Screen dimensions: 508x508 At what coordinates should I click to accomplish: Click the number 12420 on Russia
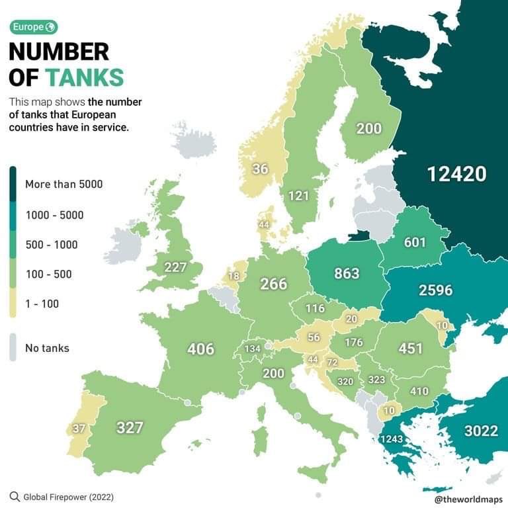pyautogui.click(x=456, y=174)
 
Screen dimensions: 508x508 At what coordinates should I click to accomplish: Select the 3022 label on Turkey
pyautogui.click(x=481, y=431)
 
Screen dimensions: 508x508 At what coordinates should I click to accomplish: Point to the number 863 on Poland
pyautogui.click(x=347, y=273)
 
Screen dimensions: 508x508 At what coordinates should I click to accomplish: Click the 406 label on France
pyautogui.click(x=201, y=349)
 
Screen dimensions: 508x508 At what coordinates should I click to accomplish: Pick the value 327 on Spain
pyautogui.click(x=130, y=427)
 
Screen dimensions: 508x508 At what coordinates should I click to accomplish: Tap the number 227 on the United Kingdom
pyautogui.click(x=175, y=267)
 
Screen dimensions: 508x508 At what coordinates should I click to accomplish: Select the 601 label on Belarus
pyautogui.click(x=415, y=242)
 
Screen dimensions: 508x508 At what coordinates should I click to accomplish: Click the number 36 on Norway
pyautogui.click(x=260, y=169)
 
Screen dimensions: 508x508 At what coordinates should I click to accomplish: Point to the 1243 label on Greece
pyautogui.click(x=392, y=439)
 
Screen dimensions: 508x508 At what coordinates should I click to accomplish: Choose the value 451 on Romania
pyautogui.click(x=410, y=349)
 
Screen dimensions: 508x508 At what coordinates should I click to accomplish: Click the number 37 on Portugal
pyautogui.click(x=79, y=429)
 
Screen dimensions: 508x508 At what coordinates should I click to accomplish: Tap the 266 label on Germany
pyautogui.click(x=273, y=284)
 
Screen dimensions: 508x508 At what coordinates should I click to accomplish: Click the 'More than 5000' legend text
pyautogui.click(x=63, y=184)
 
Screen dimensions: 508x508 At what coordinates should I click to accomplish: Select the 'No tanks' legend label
pyautogui.click(x=47, y=348)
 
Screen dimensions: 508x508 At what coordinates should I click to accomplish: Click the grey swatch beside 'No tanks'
pyautogui.click(x=13, y=347)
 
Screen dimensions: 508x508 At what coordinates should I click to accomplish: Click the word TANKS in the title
pyautogui.click(x=85, y=77)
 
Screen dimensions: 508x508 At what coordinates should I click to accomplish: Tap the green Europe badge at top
pyautogui.click(x=33, y=27)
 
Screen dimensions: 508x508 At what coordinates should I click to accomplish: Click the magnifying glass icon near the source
pyautogui.click(x=15, y=496)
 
